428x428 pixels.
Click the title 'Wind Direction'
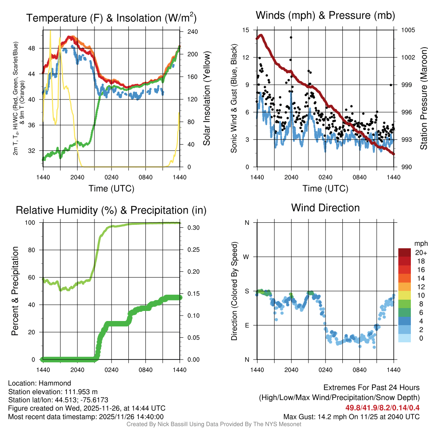325,208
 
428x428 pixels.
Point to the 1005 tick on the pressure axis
408,30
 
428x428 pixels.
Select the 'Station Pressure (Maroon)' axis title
423,98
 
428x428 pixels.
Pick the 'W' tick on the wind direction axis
247,257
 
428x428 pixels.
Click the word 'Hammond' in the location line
56,383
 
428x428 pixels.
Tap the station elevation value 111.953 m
80,392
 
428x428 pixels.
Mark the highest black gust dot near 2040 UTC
291,37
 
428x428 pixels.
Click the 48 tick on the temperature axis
36,48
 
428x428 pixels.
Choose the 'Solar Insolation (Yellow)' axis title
206,98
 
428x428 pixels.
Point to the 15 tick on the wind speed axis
246,30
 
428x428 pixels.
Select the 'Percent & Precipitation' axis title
15,291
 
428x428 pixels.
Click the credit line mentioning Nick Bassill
214,424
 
